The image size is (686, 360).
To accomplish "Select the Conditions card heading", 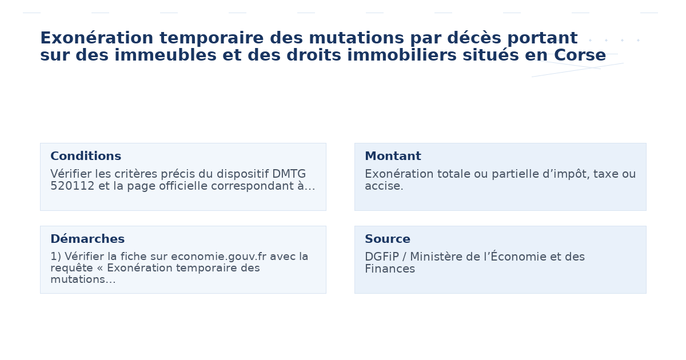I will pyautogui.click(x=86, y=157).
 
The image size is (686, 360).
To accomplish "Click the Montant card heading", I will pyautogui.click(x=393, y=157).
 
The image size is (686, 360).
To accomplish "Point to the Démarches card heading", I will pyautogui.click(x=87, y=239).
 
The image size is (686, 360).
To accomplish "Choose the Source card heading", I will pyautogui.click(x=388, y=239).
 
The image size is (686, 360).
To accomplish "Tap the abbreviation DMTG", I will pyautogui.click(x=289, y=174).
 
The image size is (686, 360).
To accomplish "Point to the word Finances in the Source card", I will pyautogui.click(x=390, y=269).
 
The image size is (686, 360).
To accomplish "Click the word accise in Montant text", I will pyautogui.click(x=382, y=186).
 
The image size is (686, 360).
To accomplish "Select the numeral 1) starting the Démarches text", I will pyautogui.click(x=55, y=257).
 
